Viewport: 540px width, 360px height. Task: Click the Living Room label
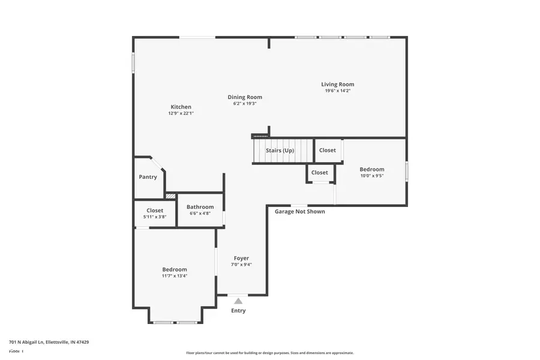pyautogui.click(x=337, y=85)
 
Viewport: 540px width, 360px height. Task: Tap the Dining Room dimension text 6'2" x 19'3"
pyautogui.click(x=244, y=104)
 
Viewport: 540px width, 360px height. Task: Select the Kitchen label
pyautogui.click(x=181, y=107)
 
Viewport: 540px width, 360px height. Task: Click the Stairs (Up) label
pyautogui.click(x=280, y=151)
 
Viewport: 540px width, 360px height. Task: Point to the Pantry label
pyautogui.click(x=148, y=177)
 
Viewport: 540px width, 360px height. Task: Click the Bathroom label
pyautogui.click(x=200, y=207)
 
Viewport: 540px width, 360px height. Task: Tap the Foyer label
pyautogui.click(x=241, y=258)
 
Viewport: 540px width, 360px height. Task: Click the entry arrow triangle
pyautogui.click(x=238, y=301)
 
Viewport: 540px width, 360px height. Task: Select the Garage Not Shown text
pyautogui.click(x=299, y=211)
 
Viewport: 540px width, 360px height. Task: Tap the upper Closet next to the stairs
pyautogui.click(x=328, y=150)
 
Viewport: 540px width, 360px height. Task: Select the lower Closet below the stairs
pyautogui.click(x=320, y=173)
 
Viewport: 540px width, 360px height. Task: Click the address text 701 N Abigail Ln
pyautogui.click(x=49, y=342)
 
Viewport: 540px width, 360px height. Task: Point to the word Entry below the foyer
pyautogui.click(x=238, y=311)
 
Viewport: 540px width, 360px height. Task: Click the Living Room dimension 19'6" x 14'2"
pyautogui.click(x=337, y=91)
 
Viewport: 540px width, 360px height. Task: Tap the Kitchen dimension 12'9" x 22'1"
pyautogui.click(x=181, y=113)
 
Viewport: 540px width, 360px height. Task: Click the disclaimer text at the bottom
pyautogui.click(x=269, y=353)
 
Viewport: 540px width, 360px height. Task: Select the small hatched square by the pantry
pyautogui.click(x=170, y=196)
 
